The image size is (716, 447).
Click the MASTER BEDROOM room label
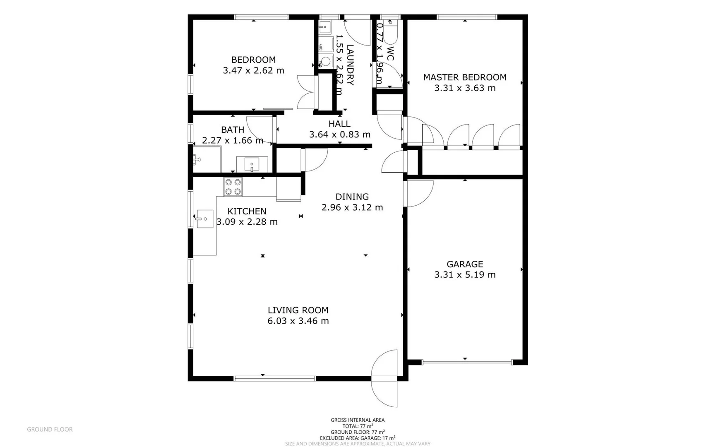click(464, 77)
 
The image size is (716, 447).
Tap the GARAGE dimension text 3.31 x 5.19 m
click(464, 275)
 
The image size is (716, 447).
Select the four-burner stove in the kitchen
click(233, 187)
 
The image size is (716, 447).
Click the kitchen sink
click(204, 219)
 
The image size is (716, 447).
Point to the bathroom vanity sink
click(252, 164)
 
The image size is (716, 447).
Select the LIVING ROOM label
click(298, 310)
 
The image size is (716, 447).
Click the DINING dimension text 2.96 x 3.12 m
click(352, 207)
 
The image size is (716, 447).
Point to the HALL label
click(339, 124)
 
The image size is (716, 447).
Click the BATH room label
click(233, 130)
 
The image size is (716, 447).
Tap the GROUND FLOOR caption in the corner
click(50, 430)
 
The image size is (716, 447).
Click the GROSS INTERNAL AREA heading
click(357, 420)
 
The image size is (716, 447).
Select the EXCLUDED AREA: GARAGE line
click(357, 438)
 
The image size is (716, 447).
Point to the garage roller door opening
click(467, 363)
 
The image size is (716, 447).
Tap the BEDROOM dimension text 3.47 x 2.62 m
click(253, 71)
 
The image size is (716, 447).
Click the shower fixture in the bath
click(197, 159)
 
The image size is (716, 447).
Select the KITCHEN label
click(247, 211)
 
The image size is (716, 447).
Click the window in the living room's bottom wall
click(274, 378)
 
